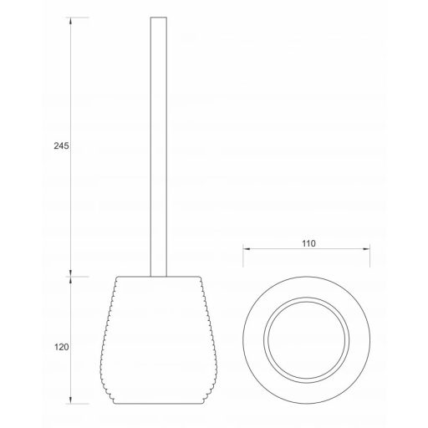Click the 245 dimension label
59,145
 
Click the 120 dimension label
59,346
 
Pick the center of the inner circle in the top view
306,339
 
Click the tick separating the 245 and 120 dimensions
71,276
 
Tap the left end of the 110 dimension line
243,250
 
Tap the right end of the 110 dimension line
369,250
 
